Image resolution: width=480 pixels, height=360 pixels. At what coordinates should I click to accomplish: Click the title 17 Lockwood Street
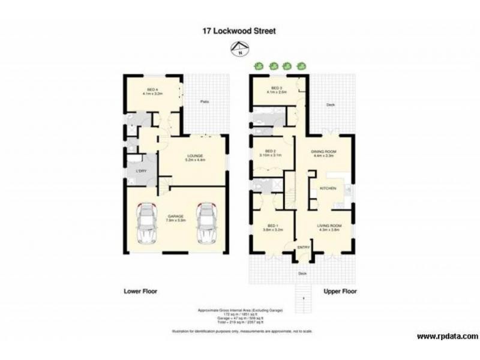pos(239,31)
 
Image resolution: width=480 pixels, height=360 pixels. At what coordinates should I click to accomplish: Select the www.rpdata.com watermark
pos(446,336)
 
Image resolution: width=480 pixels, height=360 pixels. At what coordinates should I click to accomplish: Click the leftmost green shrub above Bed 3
pos(259,66)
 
